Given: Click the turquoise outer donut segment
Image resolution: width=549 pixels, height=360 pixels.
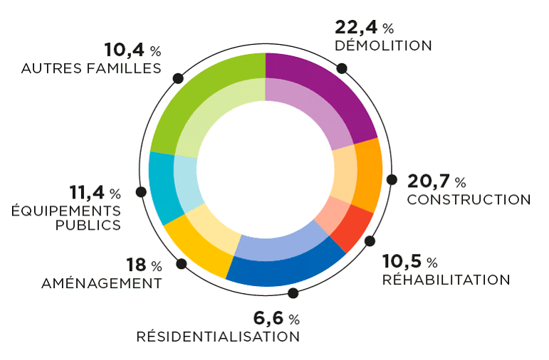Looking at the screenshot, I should pos(162,188).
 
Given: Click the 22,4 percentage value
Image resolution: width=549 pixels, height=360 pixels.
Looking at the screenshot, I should pos(357,28).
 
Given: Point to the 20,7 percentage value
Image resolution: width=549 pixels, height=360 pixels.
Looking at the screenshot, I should pos(430,181).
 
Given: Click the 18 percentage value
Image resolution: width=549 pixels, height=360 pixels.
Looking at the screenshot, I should pos(137,266).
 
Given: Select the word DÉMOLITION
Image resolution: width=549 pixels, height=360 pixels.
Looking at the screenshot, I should pos(383,46).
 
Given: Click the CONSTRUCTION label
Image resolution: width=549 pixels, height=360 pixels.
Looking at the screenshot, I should pos(469,200).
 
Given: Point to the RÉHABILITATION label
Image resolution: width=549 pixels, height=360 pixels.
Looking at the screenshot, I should pos(446,280).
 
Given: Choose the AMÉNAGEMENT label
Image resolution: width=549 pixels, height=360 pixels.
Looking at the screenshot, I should pos(101,284).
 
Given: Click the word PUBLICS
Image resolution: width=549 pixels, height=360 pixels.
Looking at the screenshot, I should pos(88,226).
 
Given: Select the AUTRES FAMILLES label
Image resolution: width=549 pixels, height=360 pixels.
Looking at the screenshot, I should pos(91,68).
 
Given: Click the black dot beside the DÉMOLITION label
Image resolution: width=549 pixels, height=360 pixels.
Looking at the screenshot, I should pos(342,68).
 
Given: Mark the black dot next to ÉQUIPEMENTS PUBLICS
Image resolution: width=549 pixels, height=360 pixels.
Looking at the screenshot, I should pos(141,191).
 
